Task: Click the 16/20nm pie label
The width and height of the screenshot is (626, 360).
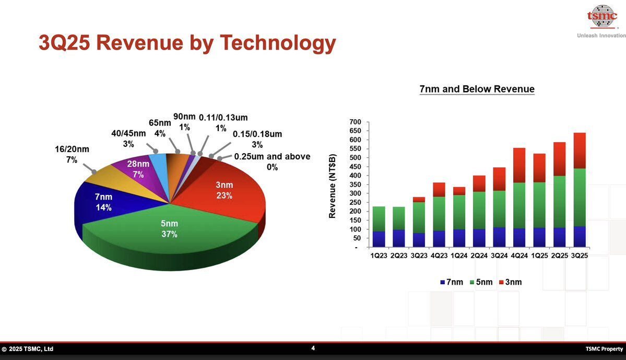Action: tap(72, 154)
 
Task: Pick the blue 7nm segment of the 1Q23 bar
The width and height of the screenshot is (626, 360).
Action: tap(379, 239)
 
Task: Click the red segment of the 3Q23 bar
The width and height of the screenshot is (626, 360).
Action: tap(419, 199)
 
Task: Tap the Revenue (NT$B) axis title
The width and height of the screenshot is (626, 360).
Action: tap(332, 185)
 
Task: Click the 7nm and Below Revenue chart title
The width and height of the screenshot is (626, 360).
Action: tap(477, 89)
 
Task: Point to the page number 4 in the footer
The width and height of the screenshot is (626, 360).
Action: tap(313, 348)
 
